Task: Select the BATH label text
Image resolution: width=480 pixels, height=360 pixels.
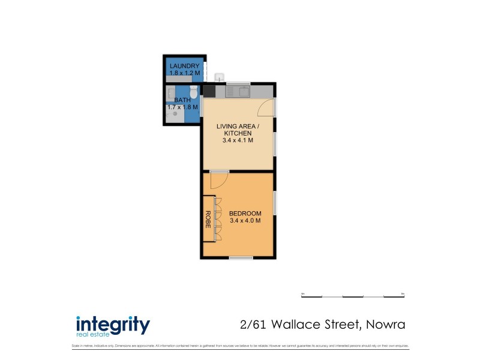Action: (182, 100)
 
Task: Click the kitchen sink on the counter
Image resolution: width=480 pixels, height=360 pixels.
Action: (242, 92)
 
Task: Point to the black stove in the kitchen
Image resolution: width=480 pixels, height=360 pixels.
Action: (209, 91)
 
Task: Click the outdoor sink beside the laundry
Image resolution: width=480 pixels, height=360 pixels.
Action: (220, 76)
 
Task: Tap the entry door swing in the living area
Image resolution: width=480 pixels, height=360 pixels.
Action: (265, 107)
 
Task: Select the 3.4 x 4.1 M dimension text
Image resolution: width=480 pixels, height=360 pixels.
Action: (238, 140)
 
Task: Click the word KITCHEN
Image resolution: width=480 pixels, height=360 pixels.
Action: (238, 133)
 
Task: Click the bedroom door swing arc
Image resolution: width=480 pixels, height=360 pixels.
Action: (218, 179)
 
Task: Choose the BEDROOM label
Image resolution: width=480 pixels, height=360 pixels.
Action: (245, 214)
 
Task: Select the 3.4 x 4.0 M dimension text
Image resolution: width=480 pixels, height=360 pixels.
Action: (245, 221)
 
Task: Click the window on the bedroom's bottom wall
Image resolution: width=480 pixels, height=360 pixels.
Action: (240, 257)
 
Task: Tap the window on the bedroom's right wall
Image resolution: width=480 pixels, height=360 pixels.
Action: (274, 204)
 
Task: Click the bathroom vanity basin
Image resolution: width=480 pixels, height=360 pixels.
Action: (171, 93)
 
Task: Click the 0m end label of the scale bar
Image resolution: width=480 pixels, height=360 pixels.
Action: (303, 293)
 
